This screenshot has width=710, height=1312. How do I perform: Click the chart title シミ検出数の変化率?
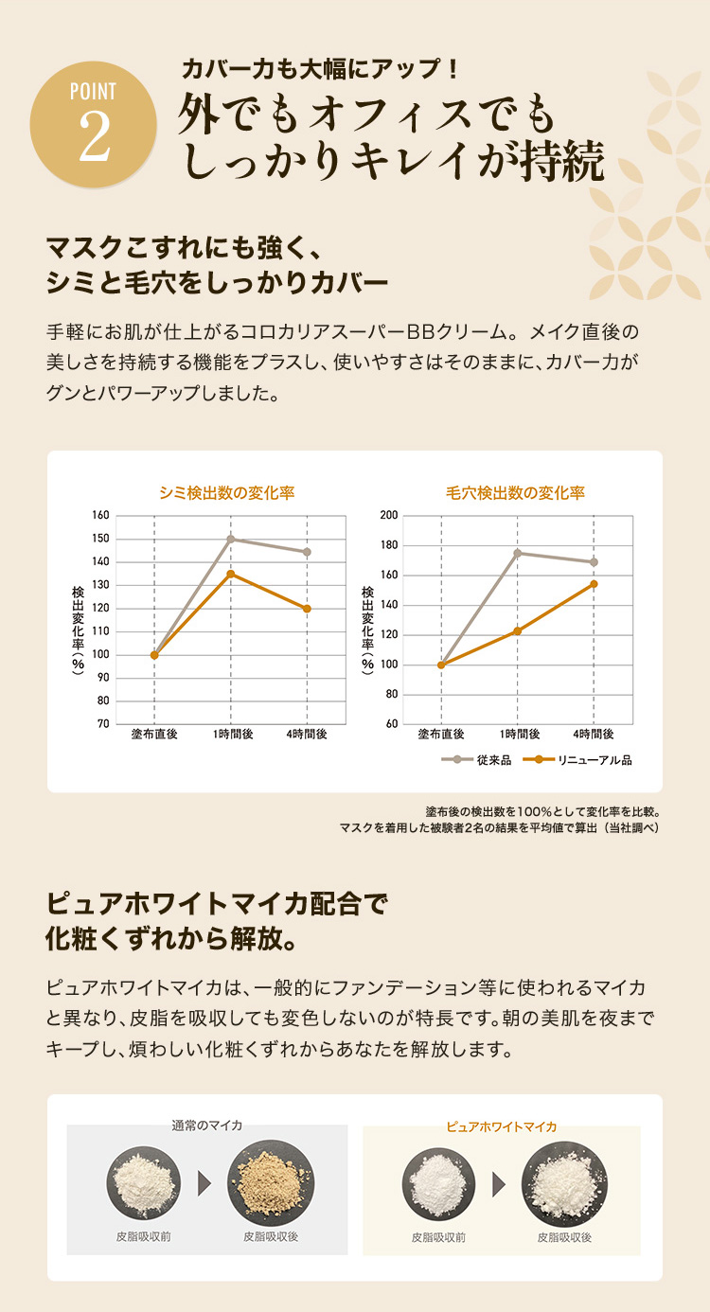click(227, 492)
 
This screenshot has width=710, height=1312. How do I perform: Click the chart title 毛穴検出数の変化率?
click(515, 492)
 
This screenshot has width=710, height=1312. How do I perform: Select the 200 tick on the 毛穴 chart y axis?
click(388, 515)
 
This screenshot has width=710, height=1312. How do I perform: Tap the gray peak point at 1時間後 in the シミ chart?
click(230, 539)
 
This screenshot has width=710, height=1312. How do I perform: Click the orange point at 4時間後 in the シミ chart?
click(307, 609)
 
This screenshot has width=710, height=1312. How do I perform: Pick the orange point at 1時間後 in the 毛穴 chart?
click(517, 630)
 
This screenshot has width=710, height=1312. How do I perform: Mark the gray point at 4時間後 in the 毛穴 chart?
click(594, 562)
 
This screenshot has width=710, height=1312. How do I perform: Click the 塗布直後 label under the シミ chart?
click(153, 734)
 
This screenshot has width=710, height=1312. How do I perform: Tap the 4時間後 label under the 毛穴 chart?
click(594, 734)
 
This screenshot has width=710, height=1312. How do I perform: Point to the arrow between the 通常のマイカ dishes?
click(204, 1181)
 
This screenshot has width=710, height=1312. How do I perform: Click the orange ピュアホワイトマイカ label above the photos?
click(501, 1126)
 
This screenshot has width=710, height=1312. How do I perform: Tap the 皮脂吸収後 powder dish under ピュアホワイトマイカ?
click(565, 1181)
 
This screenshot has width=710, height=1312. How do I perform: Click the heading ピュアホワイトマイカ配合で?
click(217, 902)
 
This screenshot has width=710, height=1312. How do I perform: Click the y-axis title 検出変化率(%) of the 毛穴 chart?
click(367, 629)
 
